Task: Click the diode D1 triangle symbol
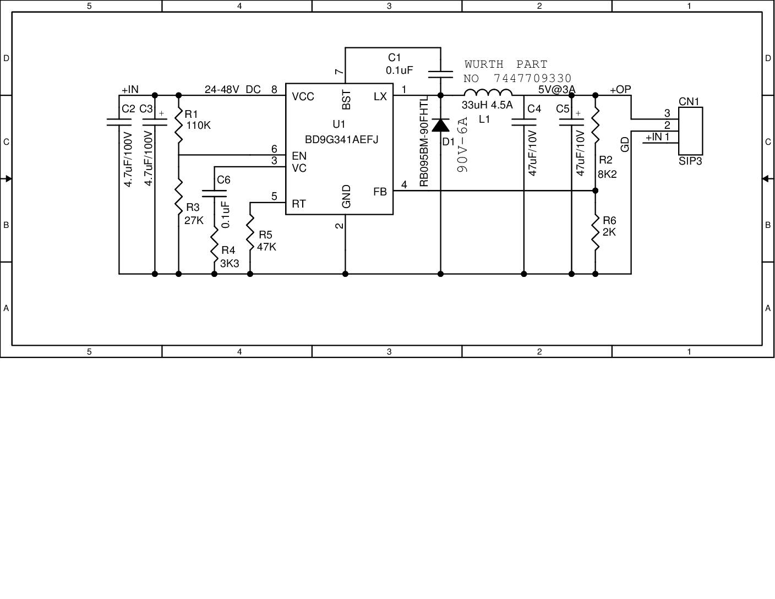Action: coord(440,126)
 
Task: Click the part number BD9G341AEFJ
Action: coord(341,140)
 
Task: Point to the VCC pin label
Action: coord(303,97)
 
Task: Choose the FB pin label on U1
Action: coord(380,192)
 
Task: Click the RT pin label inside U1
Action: coord(298,204)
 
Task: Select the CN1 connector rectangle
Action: coord(690,131)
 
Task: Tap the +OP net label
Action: coord(620,90)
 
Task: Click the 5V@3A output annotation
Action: coord(556,90)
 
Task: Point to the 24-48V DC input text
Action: coord(232,90)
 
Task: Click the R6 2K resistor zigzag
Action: coord(595,231)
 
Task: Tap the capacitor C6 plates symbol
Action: coord(214,193)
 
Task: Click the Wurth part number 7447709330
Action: coord(532,79)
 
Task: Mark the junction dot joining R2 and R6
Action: coord(595,190)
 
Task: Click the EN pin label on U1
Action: coord(299,156)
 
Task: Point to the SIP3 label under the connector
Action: coord(690,161)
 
